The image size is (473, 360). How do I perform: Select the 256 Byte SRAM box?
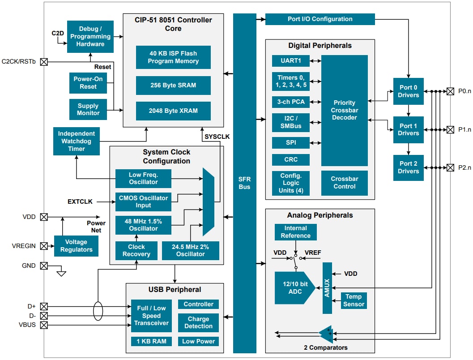coord(173,85)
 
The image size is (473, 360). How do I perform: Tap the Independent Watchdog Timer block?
coord(76,141)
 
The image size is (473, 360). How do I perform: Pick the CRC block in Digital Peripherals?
coord(290,159)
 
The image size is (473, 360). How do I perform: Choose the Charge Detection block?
coord(198,322)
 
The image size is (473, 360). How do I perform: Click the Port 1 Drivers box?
coord(409,130)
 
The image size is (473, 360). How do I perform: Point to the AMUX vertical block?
coord(327,288)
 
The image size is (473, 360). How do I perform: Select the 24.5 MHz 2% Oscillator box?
coord(190,250)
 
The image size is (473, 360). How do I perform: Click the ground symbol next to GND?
coord(61,272)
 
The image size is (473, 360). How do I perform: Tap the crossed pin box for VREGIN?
coord(44,246)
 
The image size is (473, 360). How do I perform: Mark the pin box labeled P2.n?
coord(450,167)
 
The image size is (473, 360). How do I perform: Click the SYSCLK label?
coord(217,137)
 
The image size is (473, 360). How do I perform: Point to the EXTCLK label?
coord(80,201)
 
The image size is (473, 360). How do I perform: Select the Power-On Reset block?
coord(88,83)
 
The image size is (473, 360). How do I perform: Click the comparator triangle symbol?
coord(326,333)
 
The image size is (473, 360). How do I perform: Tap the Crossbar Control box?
coord(344,183)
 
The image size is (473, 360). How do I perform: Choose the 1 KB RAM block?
coord(151,341)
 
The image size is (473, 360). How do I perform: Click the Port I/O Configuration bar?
coord(320,19)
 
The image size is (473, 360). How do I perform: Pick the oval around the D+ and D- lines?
coord(98,311)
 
